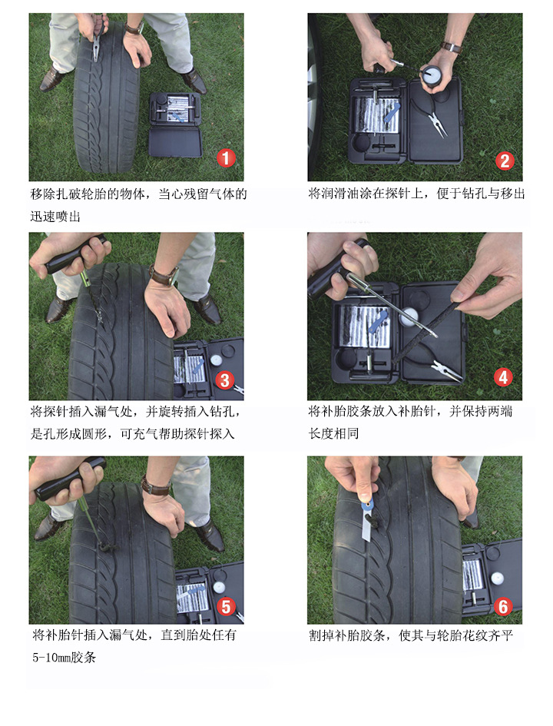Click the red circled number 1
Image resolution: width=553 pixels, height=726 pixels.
[226, 158]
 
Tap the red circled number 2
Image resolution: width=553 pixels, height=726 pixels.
[505, 161]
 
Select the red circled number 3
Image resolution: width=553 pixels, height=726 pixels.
[225, 380]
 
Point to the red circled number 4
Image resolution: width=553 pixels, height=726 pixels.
[504, 377]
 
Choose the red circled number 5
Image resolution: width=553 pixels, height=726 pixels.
[226, 606]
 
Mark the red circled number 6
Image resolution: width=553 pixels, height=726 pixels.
[504, 606]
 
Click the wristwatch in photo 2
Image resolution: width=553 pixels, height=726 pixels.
[452, 47]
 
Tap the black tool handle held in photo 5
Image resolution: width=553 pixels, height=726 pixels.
[69, 480]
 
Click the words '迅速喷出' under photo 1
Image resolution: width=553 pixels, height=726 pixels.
[55, 216]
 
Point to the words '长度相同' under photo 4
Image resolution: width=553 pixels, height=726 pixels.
[333, 433]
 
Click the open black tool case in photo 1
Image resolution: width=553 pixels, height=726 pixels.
[175, 124]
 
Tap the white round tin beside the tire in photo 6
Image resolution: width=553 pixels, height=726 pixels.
[496, 578]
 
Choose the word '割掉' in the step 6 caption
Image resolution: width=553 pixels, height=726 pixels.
[321, 635]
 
